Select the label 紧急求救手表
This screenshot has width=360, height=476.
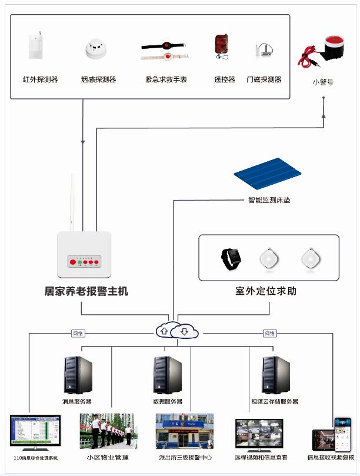click(x=166, y=79)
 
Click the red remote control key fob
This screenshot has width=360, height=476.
click(x=221, y=46)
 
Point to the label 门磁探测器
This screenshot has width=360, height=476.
click(x=264, y=79)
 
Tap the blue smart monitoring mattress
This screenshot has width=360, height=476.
click(x=268, y=173)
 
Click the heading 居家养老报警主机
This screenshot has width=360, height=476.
click(x=86, y=291)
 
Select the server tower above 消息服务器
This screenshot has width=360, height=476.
click(x=78, y=375)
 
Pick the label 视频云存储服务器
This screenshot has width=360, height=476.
click(x=274, y=402)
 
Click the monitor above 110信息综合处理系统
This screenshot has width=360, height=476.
click(x=35, y=432)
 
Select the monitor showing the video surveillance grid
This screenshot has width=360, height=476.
click(x=259, y=434)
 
